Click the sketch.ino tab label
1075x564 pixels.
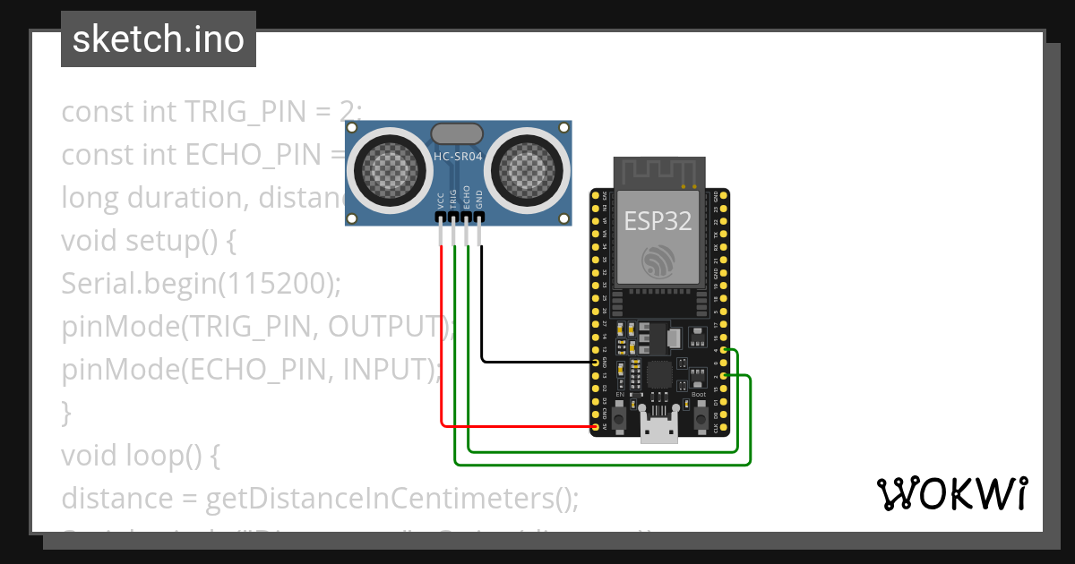pos(159,39)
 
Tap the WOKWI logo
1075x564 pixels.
pos(950,494)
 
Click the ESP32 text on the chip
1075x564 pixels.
pos(658,220)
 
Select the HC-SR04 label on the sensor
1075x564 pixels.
pos(458,157)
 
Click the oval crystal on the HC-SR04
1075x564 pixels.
pos(458,134)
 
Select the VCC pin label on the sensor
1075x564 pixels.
pos(441,201)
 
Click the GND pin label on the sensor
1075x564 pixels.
pos(479,201)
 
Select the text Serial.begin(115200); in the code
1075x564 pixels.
pos(202,283)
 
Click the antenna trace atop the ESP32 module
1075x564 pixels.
pos(658,170)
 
